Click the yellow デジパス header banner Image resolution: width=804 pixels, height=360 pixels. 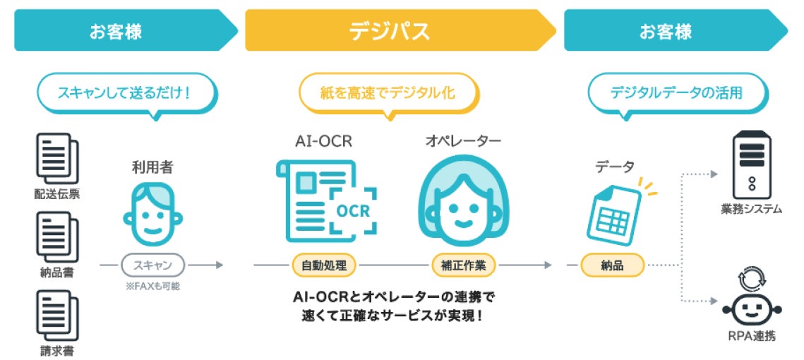[399, 31]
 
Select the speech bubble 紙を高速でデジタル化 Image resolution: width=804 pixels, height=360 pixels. [389, 92]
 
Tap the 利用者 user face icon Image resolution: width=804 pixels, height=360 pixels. [152, 212]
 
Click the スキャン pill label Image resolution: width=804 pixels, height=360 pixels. [152, 265]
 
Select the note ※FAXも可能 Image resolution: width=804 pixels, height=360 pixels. [152, 285]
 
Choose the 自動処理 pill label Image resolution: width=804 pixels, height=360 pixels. [324, 265]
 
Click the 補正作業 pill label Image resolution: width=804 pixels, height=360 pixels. [464, 265]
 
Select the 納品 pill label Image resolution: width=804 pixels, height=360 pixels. [612, 265]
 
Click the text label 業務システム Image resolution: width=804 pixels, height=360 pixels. [750, 209]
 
